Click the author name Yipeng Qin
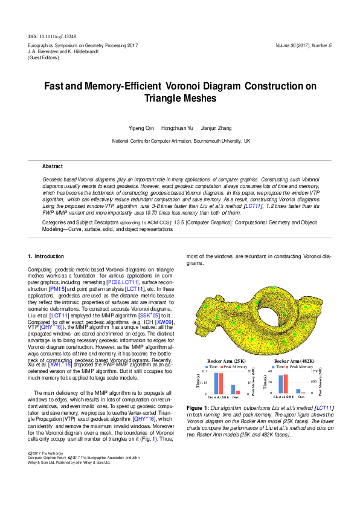[x=142, y=128]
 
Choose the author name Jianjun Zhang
[x=216, y=128]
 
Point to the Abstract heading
[x=52, y=166]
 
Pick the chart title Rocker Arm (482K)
[x=293, y=361]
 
